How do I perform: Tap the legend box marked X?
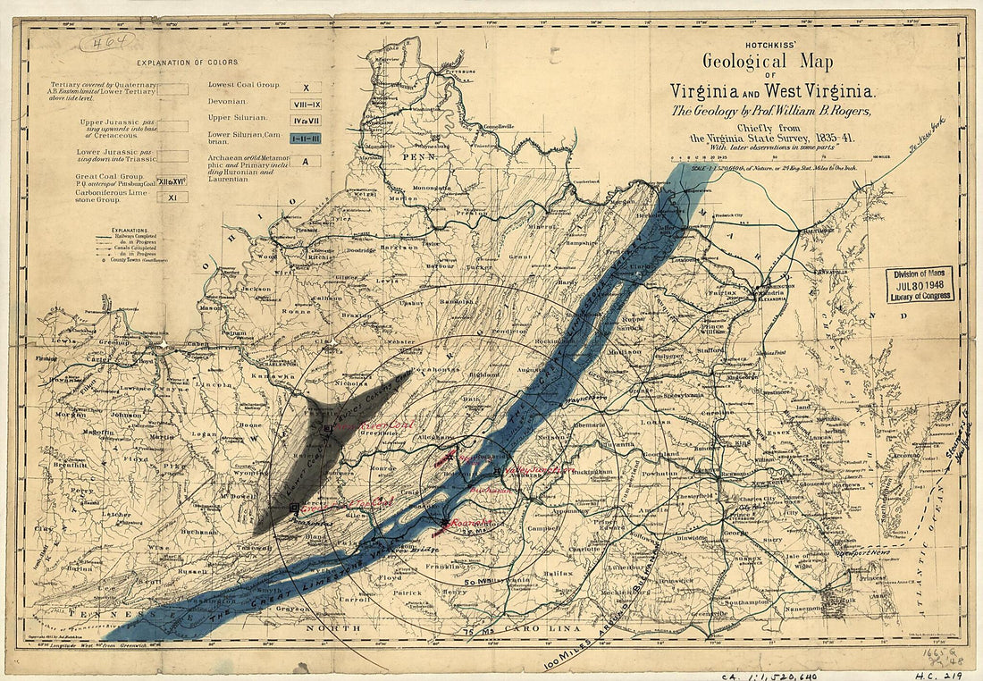(305, 88)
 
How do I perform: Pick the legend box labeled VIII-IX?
(305, 104)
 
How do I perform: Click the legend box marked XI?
(172, 197)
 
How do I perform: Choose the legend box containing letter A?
(305, 162)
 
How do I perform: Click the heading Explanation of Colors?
(188, 63)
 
